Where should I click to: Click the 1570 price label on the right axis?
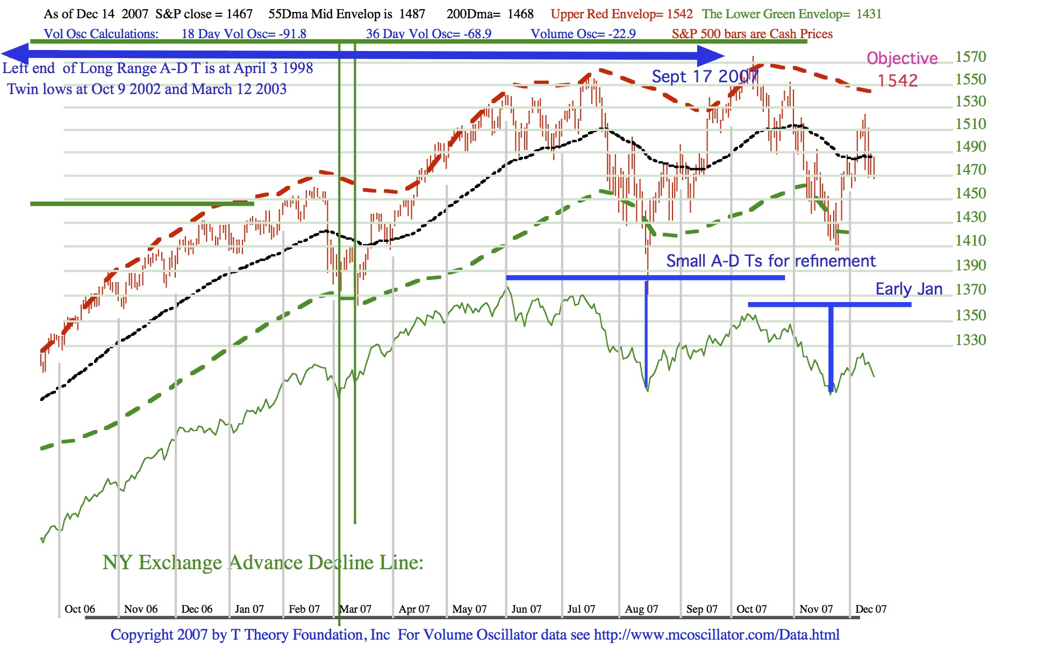tap(970, 57)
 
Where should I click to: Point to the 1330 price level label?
tap(970, 340)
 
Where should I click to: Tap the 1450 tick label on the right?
tap(970, 193)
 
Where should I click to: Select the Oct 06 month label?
tap(80, 609)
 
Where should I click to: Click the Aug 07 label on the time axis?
tap(641, 609)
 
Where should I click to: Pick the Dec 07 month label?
tap(870, 609)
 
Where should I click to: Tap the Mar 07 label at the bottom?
tap(355, 609)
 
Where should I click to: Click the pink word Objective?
tap(902, 58)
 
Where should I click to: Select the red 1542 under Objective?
tap(898, 81)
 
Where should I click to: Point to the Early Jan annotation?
tap(908, 289)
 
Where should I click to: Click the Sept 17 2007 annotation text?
tap(704, 77)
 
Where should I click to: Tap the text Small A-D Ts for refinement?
tap(771, 261)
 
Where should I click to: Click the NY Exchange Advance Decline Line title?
tap(263, 563)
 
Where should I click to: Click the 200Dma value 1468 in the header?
tap(520, 14)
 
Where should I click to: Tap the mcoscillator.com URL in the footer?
tap(717, 635)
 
